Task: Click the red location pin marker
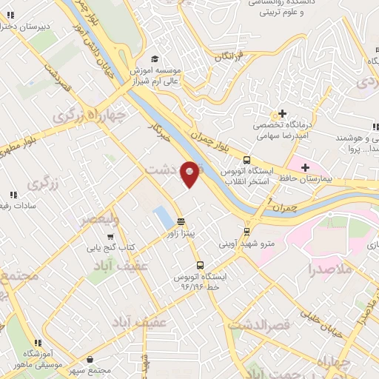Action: tap(190, 173)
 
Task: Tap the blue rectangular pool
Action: tap(161, 217)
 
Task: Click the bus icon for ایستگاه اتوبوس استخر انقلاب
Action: tap(246, 159)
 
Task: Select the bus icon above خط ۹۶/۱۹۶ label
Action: tap(199, 265)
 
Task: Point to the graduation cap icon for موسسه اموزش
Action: tap(154, 58)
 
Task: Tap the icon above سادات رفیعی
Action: tap(13, 195)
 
